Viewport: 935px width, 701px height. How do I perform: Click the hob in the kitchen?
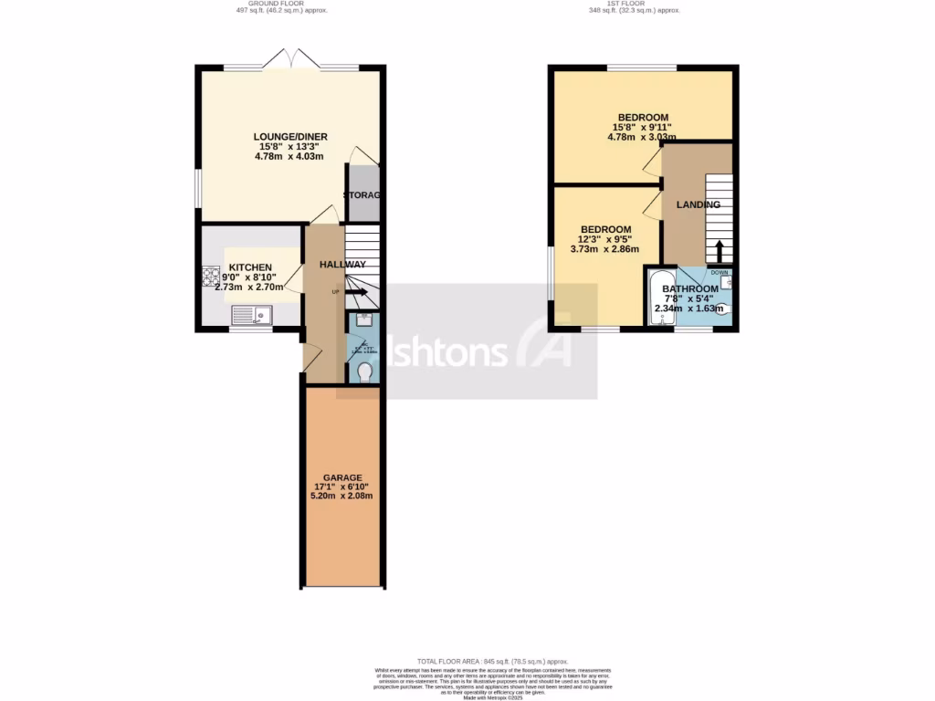[x=210, y=276]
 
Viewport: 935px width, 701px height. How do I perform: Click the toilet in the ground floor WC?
[x=364, y=372]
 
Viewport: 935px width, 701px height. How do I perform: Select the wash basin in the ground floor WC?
[x=363, y=319]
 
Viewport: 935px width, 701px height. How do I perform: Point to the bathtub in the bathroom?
[x=661, y=298]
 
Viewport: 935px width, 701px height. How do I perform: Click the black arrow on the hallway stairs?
[x=357, y=293]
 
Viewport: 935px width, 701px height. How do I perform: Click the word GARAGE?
[x=341, y=477]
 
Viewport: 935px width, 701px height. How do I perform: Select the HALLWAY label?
[x=342, y=265]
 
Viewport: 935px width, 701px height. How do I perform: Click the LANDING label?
[x=698, y=204]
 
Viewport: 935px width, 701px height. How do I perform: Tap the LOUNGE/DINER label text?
[x=290, y=137]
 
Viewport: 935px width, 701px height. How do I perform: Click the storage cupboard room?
[x=362, y=194]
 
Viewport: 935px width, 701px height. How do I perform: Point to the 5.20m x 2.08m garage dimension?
[x=341, y=496]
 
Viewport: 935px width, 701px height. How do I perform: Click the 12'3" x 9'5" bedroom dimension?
[x=604, y=239]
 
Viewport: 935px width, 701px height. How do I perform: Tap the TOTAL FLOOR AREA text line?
[x=493, y=661]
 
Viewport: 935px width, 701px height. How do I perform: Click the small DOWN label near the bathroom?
[x=720, y=271]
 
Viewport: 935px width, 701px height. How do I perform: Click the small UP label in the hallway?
[x=335, y=292]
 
